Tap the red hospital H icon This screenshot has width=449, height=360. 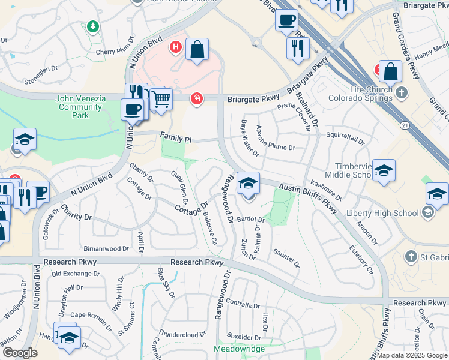176,46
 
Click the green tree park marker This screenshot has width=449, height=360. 92,26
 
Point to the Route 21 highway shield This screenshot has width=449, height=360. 405,124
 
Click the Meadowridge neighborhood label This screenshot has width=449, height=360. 239,349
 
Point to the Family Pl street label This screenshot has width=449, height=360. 175,139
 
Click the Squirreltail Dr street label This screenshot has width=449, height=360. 345,137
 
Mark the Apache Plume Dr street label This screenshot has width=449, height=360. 275,147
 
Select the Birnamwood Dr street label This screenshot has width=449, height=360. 106,248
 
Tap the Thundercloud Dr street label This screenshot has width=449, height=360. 182,333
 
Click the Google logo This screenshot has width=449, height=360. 20,353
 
